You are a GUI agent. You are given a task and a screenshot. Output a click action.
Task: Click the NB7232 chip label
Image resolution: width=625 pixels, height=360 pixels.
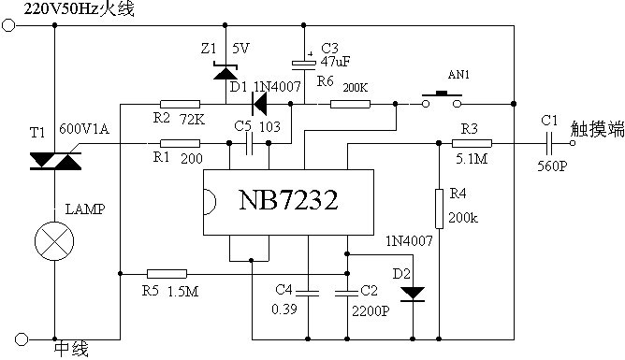pyautogui.click(x=288, y=200)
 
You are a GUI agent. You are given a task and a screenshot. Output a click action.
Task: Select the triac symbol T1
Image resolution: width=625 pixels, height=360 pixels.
pyautogui.click(x=55, y=161)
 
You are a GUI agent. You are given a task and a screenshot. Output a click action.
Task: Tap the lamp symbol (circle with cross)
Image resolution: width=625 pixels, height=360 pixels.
pyautogui.click(x=54, y=241)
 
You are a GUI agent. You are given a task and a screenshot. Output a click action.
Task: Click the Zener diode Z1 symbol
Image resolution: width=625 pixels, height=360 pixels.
pyautogui.click(x=225, y=71)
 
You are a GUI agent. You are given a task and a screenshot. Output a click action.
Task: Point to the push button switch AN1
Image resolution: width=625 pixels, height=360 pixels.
pyautogui.click(x=442, y=99)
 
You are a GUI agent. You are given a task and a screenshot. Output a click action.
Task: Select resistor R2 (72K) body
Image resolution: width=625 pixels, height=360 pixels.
pyautogui.click(x=180, y=105)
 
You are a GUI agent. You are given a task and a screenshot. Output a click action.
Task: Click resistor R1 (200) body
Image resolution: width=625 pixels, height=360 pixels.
pyautogui.click(x=180, y=143)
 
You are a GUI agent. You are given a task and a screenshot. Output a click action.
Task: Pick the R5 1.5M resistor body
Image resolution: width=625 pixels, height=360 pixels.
pyautogui.click(x=167, y=274)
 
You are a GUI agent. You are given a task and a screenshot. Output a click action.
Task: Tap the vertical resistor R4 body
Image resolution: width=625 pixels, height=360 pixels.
pyautogui.click(x=439, y=209)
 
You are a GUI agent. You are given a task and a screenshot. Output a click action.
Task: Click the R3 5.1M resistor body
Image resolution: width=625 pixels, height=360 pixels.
pyautogui.click(x=472, y=143)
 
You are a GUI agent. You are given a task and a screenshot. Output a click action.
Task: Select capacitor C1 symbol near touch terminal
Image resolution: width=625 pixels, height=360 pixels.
pyautogui.click(x=549, y=143)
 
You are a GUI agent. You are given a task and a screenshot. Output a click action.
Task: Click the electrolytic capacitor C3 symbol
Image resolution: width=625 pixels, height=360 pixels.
pyautogui.click(x=304, y=64)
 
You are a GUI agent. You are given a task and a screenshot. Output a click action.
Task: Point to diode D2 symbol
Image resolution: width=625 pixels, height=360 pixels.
pyautogui.click(x=413, y=294)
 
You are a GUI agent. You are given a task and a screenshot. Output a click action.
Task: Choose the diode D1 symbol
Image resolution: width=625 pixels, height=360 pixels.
pyautogui.click(x=258, y=105)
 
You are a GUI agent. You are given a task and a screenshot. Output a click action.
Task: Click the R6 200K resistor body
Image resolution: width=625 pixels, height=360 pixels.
pyautogui.click(x=350, y=105)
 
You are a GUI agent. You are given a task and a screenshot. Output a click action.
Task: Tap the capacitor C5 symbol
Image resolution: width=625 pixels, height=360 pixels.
pyautogui.click(x=250, y=143)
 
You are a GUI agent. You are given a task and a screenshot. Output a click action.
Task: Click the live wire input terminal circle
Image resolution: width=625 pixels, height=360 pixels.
pyautogui.click(x=8, y=25)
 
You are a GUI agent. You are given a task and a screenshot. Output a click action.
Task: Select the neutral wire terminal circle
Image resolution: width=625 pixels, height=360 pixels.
pyautogui.click(x=22, y=339)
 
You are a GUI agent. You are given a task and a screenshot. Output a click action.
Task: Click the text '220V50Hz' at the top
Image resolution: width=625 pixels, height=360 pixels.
pyautogui.click(x=62, y=8)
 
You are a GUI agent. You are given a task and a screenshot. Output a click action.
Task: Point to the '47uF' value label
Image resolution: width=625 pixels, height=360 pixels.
pyautogui.click(x=336, y=62)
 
